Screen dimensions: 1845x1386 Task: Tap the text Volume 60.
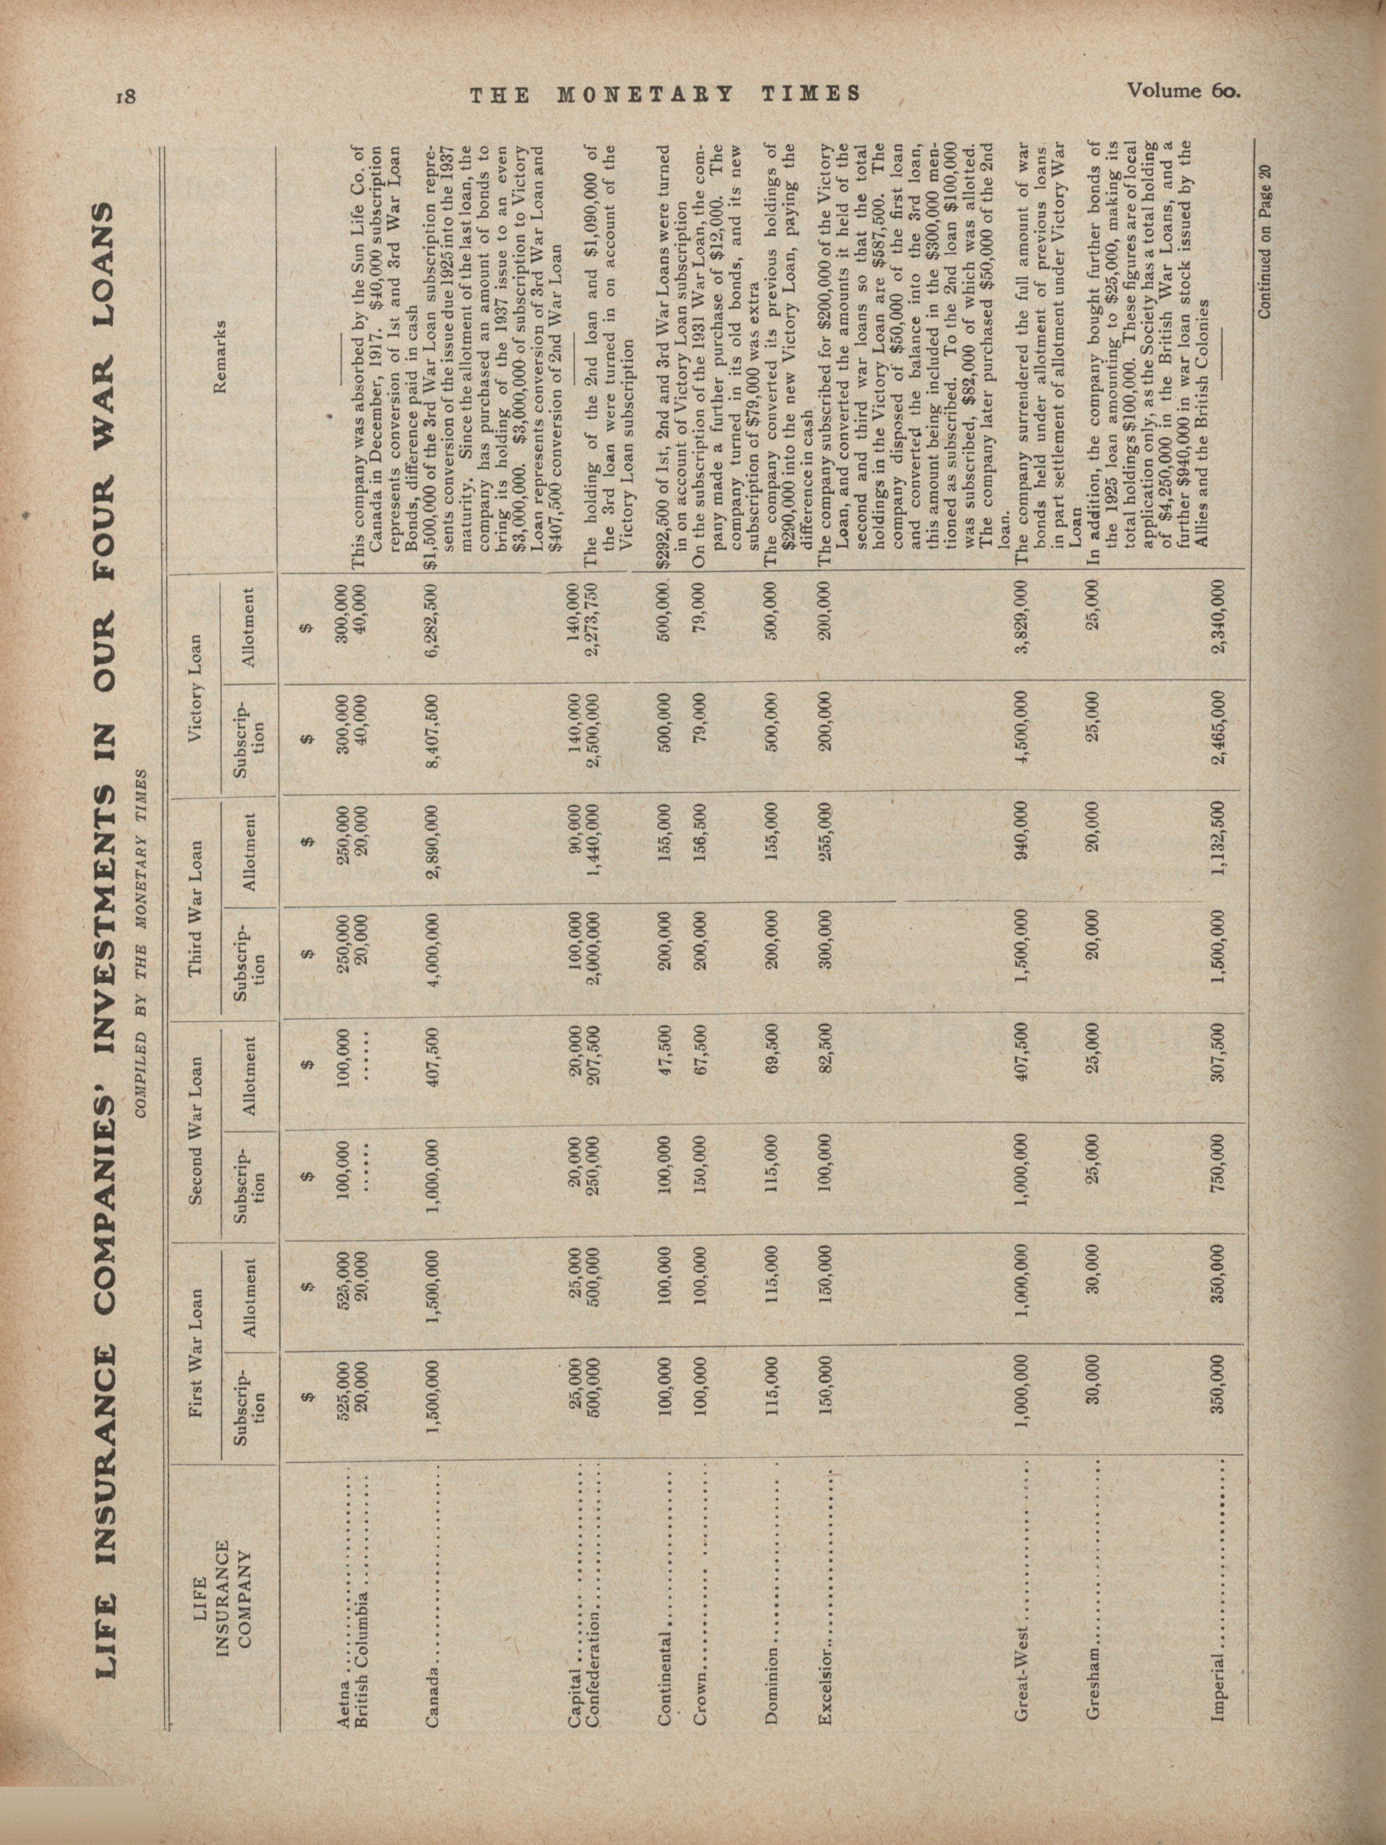click(x=1182, y=89)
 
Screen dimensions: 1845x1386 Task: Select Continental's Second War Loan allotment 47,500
click(x=667, y=1070)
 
